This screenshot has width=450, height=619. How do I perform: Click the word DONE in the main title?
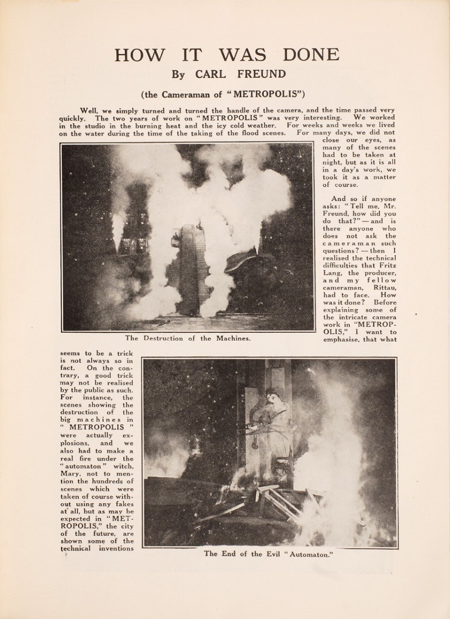(x=304, y=55)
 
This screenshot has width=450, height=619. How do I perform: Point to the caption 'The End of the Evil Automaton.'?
(x=269, y=553)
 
